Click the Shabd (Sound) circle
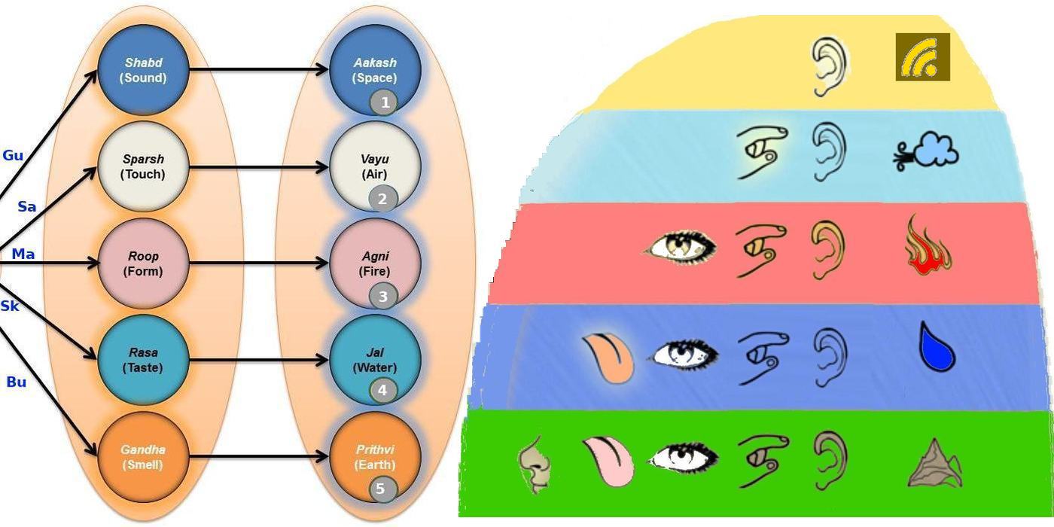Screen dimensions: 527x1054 [143, 70]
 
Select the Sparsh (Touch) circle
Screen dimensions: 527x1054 [143, 166]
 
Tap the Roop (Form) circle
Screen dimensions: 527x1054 [143, 263]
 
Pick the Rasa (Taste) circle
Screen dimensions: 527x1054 [143, 360]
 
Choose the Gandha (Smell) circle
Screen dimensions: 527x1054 [143, 457]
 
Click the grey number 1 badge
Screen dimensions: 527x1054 [383, 102]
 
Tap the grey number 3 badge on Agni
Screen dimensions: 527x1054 [382, 296]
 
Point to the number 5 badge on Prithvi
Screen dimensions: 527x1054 [381, 489]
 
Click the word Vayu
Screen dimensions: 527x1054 [375, 160]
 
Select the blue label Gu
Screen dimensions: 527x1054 [13, 156]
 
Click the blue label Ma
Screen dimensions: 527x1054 [23, 254]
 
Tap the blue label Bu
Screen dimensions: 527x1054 [17, 382]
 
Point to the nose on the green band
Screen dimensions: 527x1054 [535, 464]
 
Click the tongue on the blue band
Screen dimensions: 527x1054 [608, 358]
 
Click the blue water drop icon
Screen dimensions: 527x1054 [937, 347]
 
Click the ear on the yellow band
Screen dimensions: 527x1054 [829, 66]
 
